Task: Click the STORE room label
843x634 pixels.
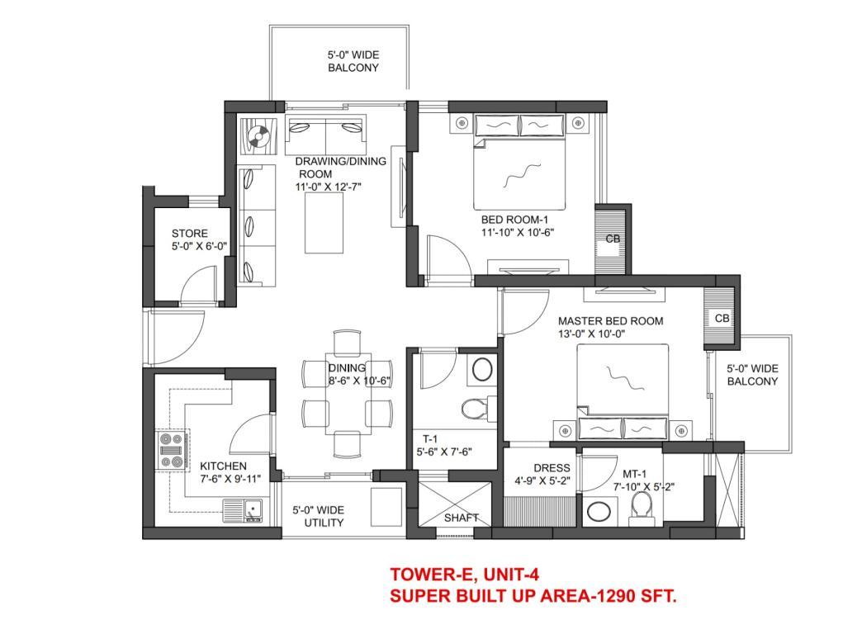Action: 189,234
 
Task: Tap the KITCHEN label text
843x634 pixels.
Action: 223,466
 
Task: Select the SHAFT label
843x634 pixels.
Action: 462,518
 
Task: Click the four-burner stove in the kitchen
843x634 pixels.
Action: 172,450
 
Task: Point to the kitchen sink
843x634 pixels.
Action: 243,510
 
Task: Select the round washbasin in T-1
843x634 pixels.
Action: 482,370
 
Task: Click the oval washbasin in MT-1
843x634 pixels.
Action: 599,511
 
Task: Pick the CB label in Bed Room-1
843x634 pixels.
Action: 613,239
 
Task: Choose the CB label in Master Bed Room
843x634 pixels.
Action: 722,319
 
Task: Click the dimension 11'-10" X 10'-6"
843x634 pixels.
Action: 518,232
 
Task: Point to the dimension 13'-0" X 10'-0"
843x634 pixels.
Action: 591,334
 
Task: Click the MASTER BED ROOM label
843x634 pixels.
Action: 611,321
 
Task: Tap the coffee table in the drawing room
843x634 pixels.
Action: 324,223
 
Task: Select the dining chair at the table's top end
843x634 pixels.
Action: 347,342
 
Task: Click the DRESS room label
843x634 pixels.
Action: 552,468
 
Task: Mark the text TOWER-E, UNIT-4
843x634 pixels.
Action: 464,575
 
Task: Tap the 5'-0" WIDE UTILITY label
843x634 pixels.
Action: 318,516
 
